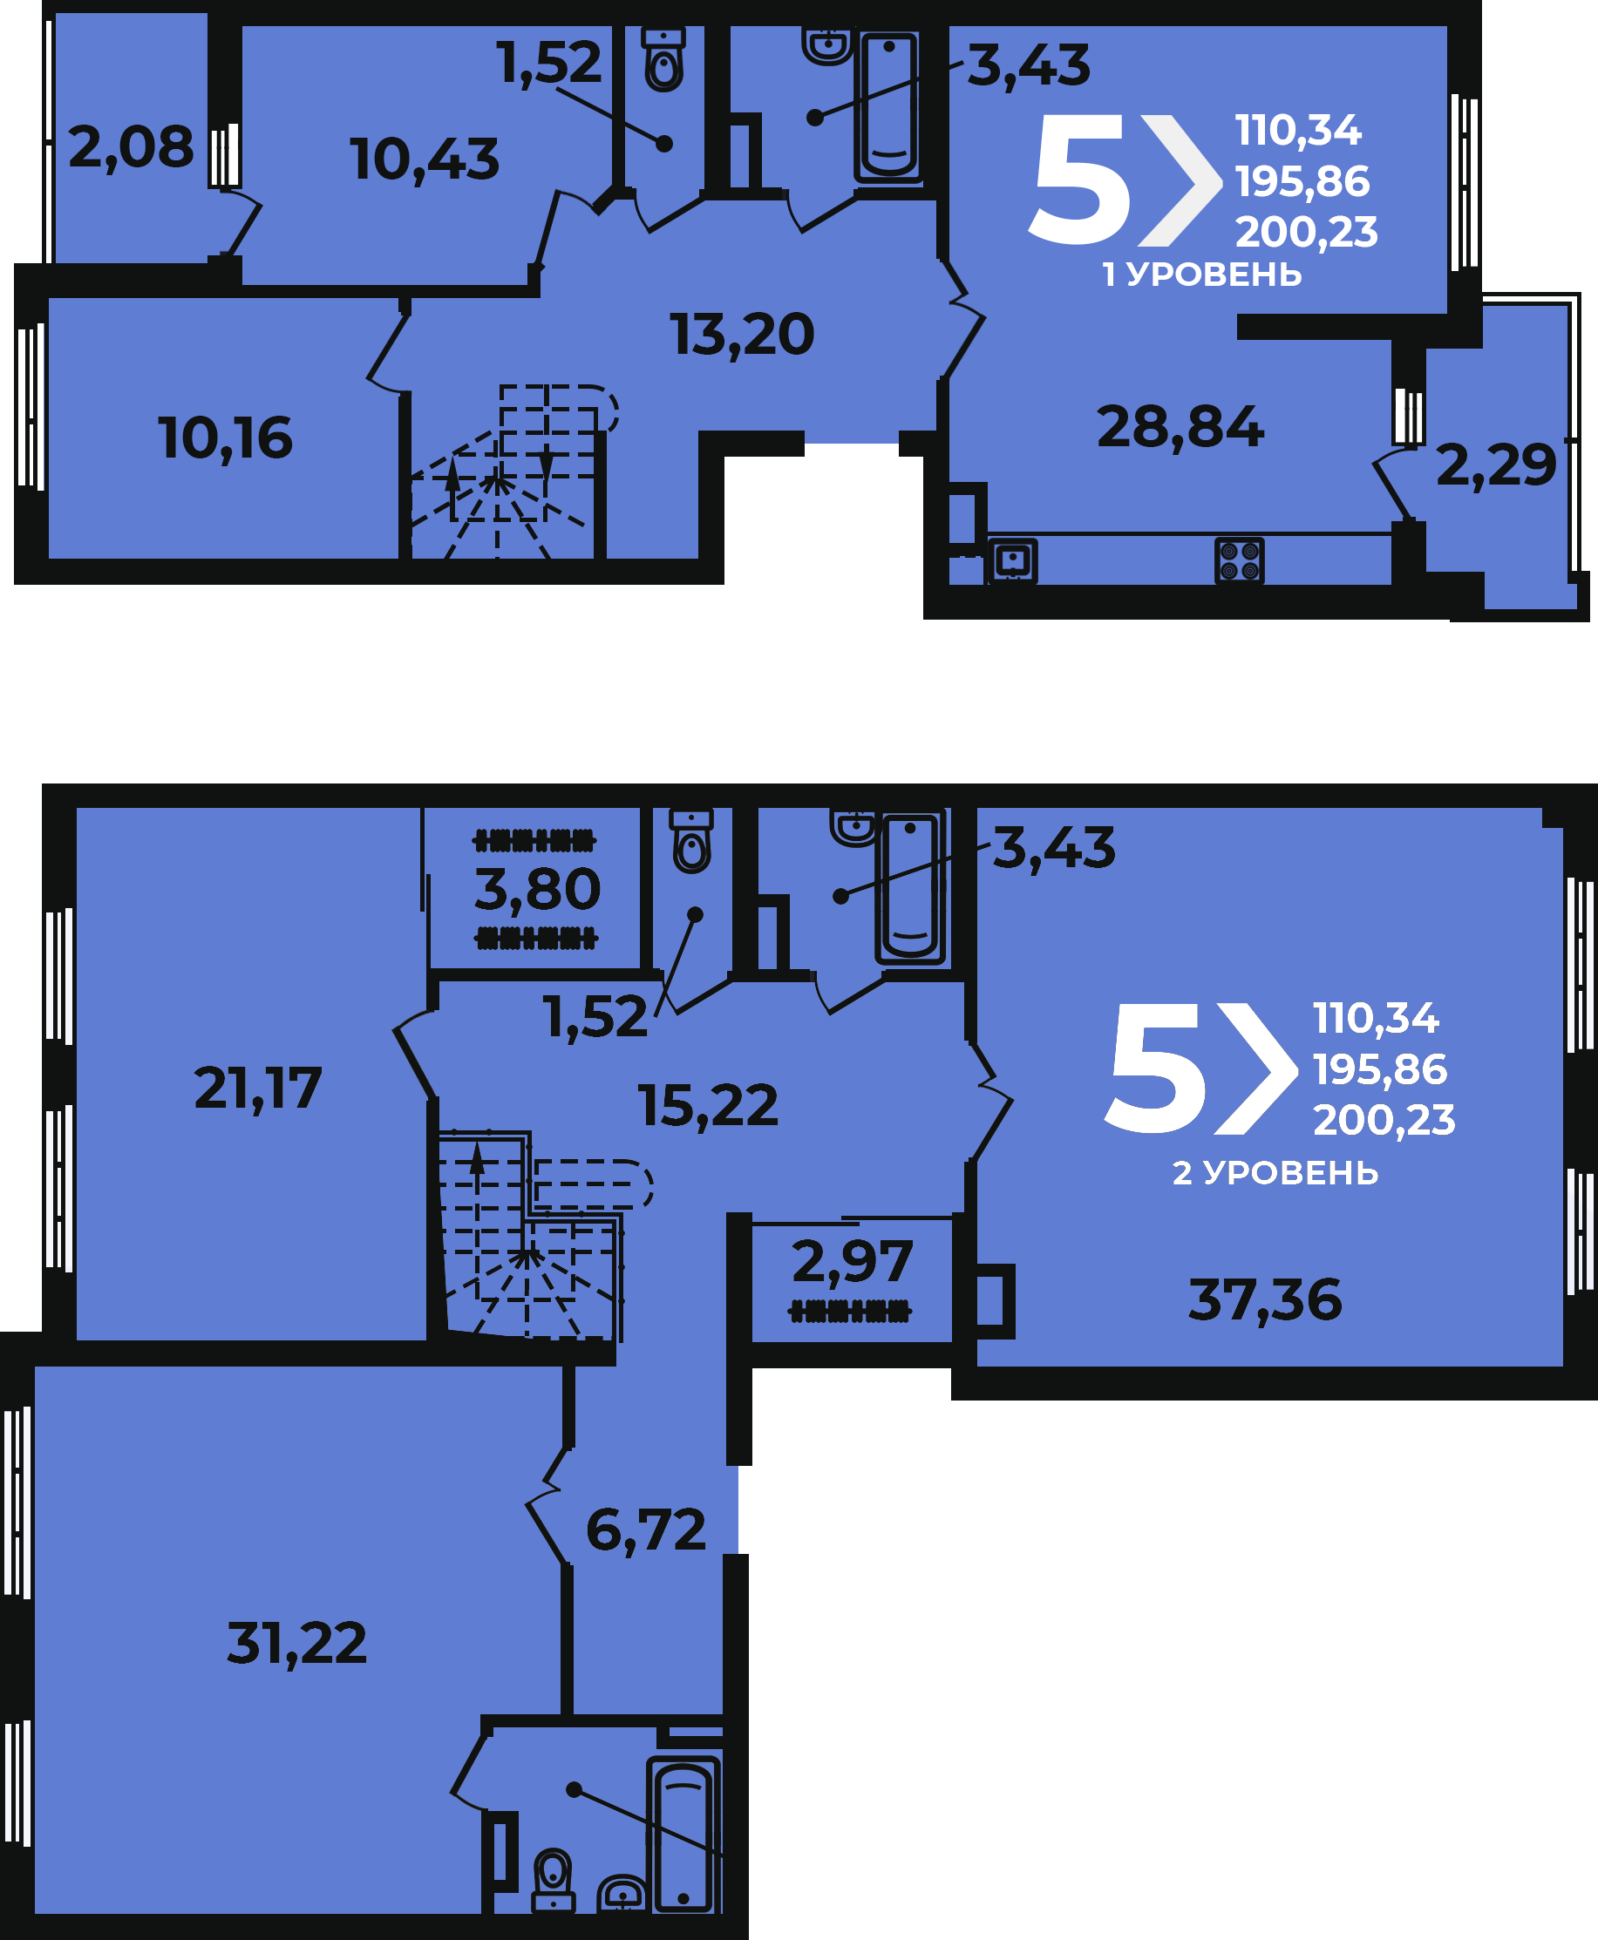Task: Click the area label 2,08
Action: tap(131, 148)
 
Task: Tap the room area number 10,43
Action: tap(425, 160)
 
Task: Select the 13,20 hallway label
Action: tap(742, 335)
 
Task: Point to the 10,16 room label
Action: tap(226, 439)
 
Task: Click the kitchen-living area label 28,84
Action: tap(1180, 428)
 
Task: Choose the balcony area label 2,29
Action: tap(1496, 465)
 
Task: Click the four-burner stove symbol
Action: tap(1239, 560)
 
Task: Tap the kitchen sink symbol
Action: tap(1012, 560)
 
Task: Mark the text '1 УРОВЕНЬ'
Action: tap(1202, 275)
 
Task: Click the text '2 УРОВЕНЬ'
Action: tap(1275, 1172)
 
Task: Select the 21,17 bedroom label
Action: tap(258, 1089)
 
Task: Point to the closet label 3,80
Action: tap(538, 890)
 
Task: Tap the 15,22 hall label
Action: tap(708, 1106)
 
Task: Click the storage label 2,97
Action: tap(853, 1262)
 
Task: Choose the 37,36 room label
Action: tap(1265, 1301)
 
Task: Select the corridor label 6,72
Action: tap(646, 1530)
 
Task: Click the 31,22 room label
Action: tap(296, 1644)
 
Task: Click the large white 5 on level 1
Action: tap(1078, 180)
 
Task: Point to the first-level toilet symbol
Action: tap(663, 59)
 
